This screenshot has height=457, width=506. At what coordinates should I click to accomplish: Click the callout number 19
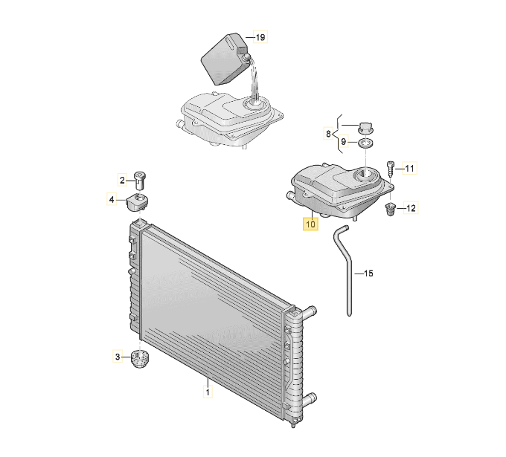click(260, 37)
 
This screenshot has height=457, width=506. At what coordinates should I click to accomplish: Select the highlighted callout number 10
click(310, 224)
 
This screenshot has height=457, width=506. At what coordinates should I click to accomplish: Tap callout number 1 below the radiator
click(208, 392)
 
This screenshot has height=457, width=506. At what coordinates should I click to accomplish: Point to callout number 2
click(122, 180)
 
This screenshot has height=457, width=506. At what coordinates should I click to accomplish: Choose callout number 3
click(118, 357)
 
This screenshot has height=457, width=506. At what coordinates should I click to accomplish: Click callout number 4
click(112, 199)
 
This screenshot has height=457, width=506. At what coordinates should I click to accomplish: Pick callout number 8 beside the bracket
click(328, 134)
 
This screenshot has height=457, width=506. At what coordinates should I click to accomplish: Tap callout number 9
click(343, 141)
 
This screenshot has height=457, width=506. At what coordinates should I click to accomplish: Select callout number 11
click(409, 168)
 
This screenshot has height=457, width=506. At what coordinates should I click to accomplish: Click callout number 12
click(411, 208)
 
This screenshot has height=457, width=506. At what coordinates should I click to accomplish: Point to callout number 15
click(368, 273)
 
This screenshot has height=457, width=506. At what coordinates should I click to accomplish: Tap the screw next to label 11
click(391, 169)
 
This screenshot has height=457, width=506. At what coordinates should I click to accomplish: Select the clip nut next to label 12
click(391, 209)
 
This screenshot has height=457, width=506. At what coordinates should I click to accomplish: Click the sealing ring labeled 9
click(365, 143)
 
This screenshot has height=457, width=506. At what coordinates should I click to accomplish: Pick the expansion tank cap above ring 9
click(365, 128)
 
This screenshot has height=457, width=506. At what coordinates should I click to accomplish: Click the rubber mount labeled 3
click(139, 358)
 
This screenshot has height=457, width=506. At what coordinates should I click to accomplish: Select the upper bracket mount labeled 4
click(137, 202)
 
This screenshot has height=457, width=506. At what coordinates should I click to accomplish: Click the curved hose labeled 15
click(344, 270)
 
